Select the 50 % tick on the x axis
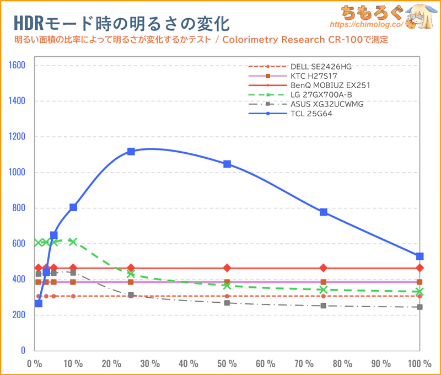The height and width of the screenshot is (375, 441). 227,364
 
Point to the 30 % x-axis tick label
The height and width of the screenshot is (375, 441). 150,364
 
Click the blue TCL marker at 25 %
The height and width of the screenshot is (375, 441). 131,151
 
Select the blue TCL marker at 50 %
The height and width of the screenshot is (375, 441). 227,164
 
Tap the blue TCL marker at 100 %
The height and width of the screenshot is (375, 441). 420,256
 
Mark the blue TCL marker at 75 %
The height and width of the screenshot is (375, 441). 324,212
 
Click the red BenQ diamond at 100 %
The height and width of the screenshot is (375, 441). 420,268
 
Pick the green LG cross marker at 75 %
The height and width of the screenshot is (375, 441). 324,290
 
